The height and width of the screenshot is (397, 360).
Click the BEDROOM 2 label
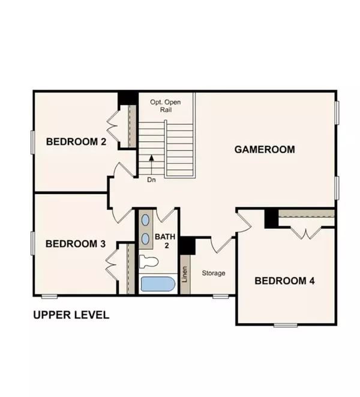(76, 142)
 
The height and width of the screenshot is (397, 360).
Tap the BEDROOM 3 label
(76, 244)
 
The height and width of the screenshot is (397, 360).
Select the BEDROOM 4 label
(285, 281)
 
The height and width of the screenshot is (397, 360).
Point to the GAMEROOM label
(265, 149)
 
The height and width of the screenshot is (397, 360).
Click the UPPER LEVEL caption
(71, 315)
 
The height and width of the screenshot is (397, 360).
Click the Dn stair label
(152, 179)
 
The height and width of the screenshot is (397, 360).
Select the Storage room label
(213, 273)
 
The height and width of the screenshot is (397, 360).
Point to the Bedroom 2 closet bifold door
(113, 127)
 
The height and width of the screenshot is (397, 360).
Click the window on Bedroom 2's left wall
(32, 142)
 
